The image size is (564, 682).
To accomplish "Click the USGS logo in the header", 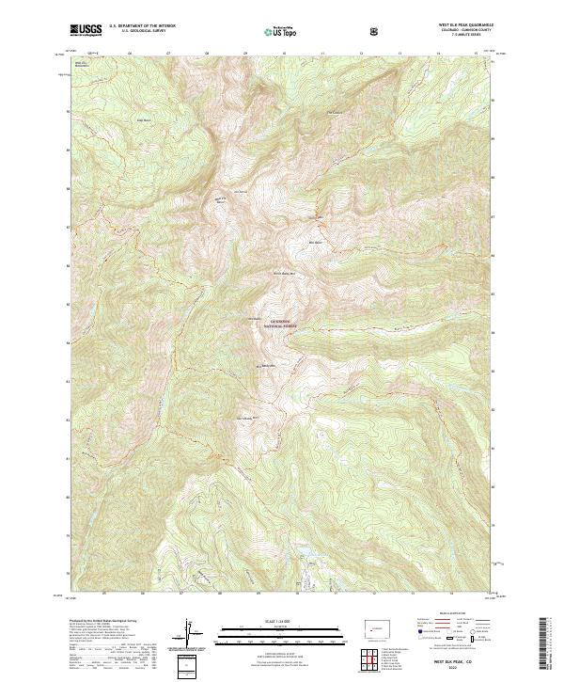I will tap(86, 30).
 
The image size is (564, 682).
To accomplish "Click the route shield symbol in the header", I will tap(376, 31).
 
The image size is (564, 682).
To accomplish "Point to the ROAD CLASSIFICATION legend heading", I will tap(448, 619).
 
